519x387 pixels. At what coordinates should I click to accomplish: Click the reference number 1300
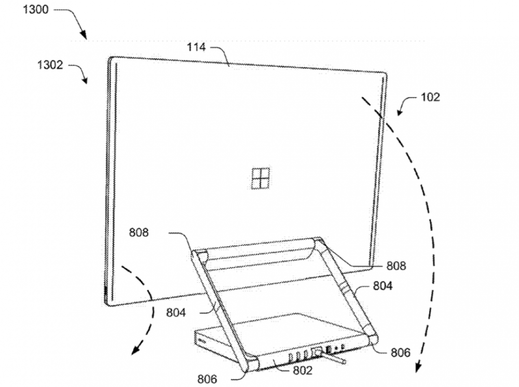36,9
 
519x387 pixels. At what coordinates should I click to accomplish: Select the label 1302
50,64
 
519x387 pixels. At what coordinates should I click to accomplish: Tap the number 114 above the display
196,47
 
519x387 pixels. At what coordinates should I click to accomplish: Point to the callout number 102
430,97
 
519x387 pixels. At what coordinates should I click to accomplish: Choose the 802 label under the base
303,370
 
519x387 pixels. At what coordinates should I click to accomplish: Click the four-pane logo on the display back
261,178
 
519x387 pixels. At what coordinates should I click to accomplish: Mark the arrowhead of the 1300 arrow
83,34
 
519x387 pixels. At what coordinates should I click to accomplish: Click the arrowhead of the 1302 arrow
85,80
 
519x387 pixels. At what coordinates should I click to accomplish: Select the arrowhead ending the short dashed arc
135,350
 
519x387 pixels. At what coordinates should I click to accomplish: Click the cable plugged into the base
335,359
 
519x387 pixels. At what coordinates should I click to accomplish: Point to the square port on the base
317,352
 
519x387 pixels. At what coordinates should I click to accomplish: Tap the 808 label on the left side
139,232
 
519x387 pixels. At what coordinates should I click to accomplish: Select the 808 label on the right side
396,266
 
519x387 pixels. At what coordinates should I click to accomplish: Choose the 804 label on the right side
383,285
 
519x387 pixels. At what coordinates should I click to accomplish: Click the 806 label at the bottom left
207,379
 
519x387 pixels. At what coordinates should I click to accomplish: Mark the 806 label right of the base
401,353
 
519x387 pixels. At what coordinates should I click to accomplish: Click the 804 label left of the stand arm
176,312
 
